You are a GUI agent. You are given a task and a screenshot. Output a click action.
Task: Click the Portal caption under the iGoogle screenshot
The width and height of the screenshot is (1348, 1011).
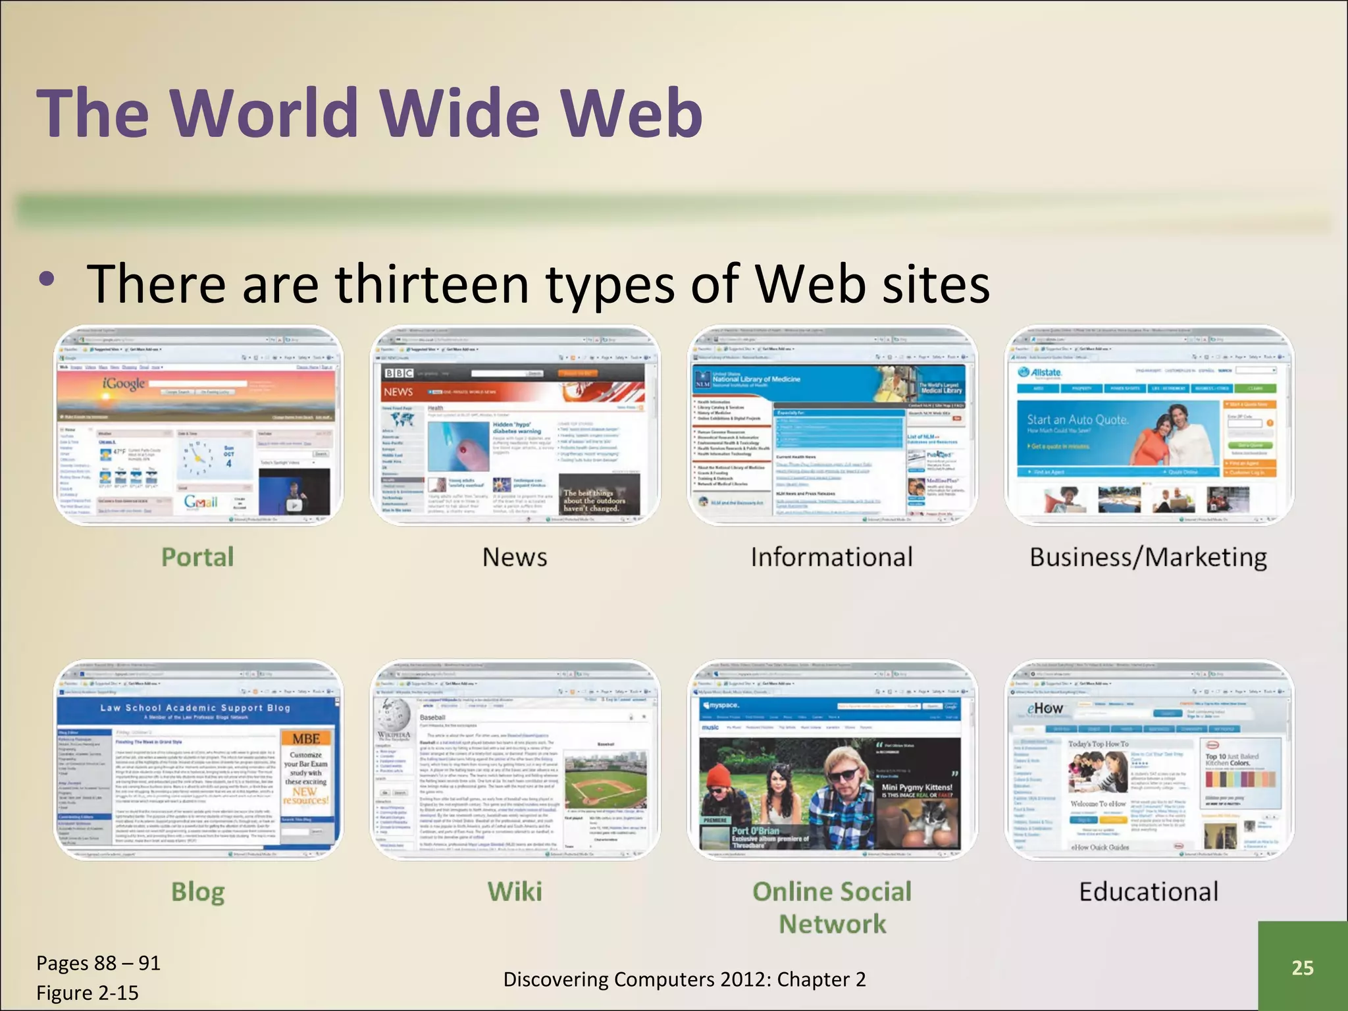[x=197, y=557]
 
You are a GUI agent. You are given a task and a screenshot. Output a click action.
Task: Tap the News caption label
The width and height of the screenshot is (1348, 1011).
[x=515, y=557]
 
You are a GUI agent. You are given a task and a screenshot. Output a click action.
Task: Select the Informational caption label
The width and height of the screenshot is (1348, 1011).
[x=832, y=557]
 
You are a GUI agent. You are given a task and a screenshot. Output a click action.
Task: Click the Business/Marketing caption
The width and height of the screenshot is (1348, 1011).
[x=1149, y=557]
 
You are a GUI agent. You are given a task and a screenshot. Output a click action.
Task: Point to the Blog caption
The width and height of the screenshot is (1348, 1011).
[x=197, y=892]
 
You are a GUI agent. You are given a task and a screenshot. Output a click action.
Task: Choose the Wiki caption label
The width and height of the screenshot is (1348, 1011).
[x=515, y=892]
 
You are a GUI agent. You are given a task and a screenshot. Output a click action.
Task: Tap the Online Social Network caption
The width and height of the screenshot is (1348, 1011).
[x=832, y=908]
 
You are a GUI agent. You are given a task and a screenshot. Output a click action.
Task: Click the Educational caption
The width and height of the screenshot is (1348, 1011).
[x=1149, y=892]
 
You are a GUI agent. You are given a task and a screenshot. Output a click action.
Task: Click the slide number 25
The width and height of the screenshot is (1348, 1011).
[x=1302, y=968]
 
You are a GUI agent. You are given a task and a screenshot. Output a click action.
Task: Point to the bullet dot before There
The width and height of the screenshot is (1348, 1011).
[x=46, y=279]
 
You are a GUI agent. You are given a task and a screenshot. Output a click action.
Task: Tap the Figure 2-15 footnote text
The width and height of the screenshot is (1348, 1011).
[x=88, y=993]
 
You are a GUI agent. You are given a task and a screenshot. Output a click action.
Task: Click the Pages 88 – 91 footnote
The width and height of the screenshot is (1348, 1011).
[x=98, y=963]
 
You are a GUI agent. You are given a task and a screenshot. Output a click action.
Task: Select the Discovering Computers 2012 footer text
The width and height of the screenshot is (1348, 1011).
[x=684, y=979]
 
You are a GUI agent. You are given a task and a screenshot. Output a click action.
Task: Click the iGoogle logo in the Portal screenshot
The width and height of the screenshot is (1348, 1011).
[x=123, y=383]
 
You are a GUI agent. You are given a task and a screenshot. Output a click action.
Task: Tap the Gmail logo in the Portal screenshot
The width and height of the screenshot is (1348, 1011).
[x=201, y=502]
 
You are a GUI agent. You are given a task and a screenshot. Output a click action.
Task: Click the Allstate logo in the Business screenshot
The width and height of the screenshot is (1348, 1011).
[x=1041, y=373]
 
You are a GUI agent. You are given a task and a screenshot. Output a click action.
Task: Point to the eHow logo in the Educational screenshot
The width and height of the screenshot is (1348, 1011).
[x=1045, y=709]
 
